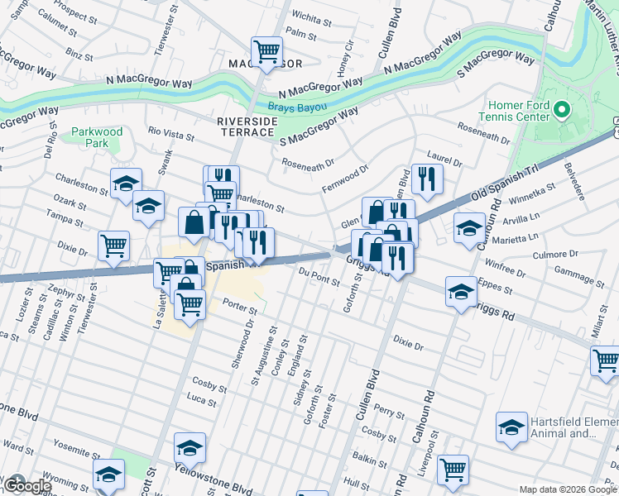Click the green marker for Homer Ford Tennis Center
[563, 111]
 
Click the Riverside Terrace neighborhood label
[247, 126]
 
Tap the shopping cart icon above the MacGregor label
[266, 51]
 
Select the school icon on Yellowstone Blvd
[190, 449]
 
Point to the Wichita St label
[307, 17]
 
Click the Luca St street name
[201, 400]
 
